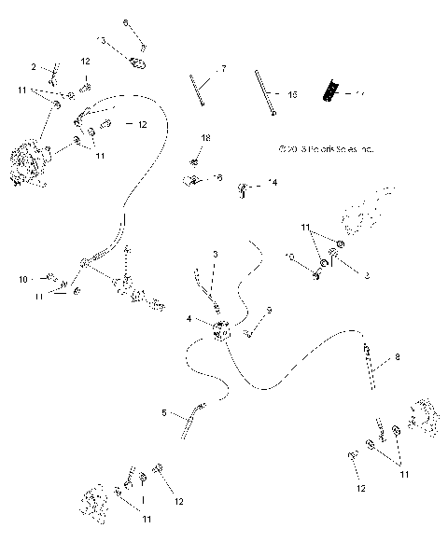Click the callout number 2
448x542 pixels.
click(35, 67)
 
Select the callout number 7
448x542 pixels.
click(223, 69)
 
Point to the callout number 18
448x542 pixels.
click(205, 138)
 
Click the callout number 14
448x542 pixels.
click(273, 183)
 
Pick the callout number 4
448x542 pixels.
click(189, 319)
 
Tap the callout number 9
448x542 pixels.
click(269, 310)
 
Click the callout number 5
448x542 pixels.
click(165, 413)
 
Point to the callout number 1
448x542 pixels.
click(141, 498)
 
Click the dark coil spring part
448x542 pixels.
click(329, 91)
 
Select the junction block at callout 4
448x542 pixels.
click(222, 330)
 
